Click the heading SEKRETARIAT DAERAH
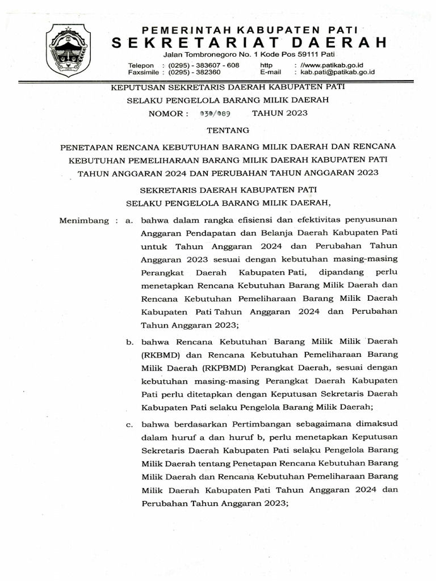click(x=249, y=43)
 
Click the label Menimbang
click(x=83, y=220)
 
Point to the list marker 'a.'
click(x=129, y=220)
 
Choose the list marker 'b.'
click(x=129, y=342)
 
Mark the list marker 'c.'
click(x=129, y=422)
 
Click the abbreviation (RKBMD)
click(x=158, y=355)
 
